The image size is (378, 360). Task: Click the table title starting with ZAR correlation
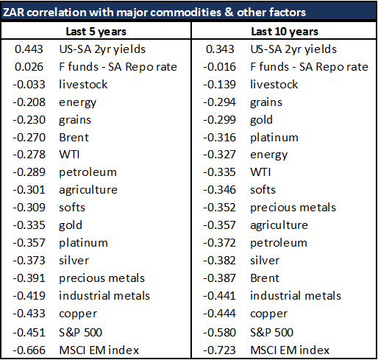pyautogui.click(x=154, y=13)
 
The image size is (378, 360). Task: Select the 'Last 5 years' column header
pyautogui.click(x=96, y=32)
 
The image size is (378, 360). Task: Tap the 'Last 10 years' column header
pyautogui.click(x=285, y=32)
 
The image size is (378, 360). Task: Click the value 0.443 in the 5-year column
pyautogui.click(x=29, y=49)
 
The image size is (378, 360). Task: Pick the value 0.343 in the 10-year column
pyautogui.click(x=220, y=49)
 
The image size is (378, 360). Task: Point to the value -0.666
pyautogui.click(x=29, y=350)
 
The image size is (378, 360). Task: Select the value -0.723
pyautogui.click(x=219, y=350)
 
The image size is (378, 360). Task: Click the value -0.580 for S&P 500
pyautogui.click(x=219, y=332)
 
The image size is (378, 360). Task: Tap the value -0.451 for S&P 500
pyautogui.click(x=29, y=332)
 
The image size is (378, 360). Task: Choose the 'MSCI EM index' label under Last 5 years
pyautogui.click(x=99, y=350)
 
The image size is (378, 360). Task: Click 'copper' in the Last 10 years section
pyautogui.click(x=269, y=314)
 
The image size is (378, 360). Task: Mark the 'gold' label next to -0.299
pyautogui.click(x=261, y=120)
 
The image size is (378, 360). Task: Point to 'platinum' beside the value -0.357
pyautogui.click(x=83, y=243)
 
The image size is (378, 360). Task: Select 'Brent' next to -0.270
pyautogui.click(x=74, y=138)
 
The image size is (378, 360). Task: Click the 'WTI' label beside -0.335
pyautogui.click(x=260, y=172)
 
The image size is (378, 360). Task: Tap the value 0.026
pyautogui.click(x=29, y=67)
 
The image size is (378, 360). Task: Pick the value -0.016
pyautogui.click(x=219, y=67)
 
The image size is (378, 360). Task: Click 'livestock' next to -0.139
pyautogui.click(x=274, y=85)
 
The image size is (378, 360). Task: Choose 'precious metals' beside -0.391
pyautogui.click(x=101, y=278)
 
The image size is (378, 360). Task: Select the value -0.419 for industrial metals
pyautogui.click(x=29, y=296)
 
